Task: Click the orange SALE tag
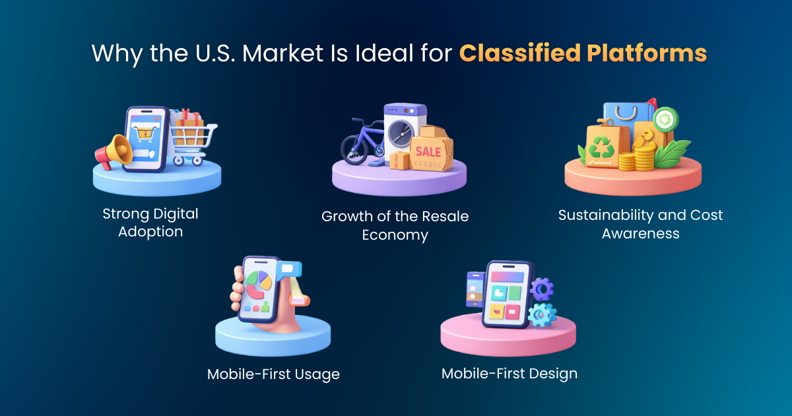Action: click(430, 152)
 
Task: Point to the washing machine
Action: click(403, 129)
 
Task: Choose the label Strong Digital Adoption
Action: click(150, 223)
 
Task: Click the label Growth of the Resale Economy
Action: click(395, 225)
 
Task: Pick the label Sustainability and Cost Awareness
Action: click(640, 224)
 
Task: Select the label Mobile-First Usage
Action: click(273, 374)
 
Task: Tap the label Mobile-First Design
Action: click(509, 373)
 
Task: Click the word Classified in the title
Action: click(515, 53)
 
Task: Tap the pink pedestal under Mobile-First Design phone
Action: click(508, 340)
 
